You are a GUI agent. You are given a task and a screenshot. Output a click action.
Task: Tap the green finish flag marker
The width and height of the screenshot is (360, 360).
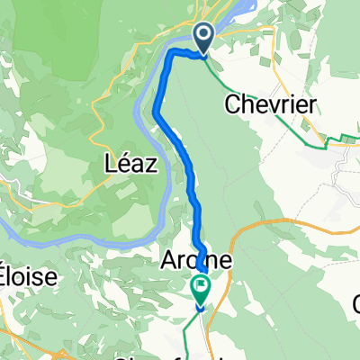[199, 289]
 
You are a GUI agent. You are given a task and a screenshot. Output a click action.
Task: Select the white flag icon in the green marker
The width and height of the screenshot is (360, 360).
[199, 287]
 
